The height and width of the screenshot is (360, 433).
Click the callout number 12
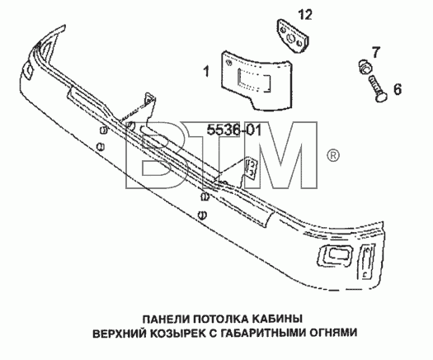click(x=305, y=14)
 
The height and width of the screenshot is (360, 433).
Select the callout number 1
click(x=206, y=71)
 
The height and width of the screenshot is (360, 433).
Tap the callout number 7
click(x=375, y=53)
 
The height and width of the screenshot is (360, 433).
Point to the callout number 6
click(x=397, y=89)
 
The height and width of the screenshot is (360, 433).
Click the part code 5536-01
click(x=234, y=130)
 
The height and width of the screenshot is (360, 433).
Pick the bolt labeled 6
click(x=377, y=88)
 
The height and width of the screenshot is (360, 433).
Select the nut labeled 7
click(x=365, y=67)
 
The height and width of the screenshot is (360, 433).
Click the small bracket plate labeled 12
click(x=293, y=36)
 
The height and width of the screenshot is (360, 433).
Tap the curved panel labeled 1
click(x=256, y=81)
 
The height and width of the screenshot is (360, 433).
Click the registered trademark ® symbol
click(x=333, y=156)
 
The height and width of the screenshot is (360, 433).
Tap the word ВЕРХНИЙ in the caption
click(x=120, y=333)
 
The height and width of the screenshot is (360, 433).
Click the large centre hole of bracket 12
click(x=291, y=37)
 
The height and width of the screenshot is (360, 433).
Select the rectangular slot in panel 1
click(x=254, y=81)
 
